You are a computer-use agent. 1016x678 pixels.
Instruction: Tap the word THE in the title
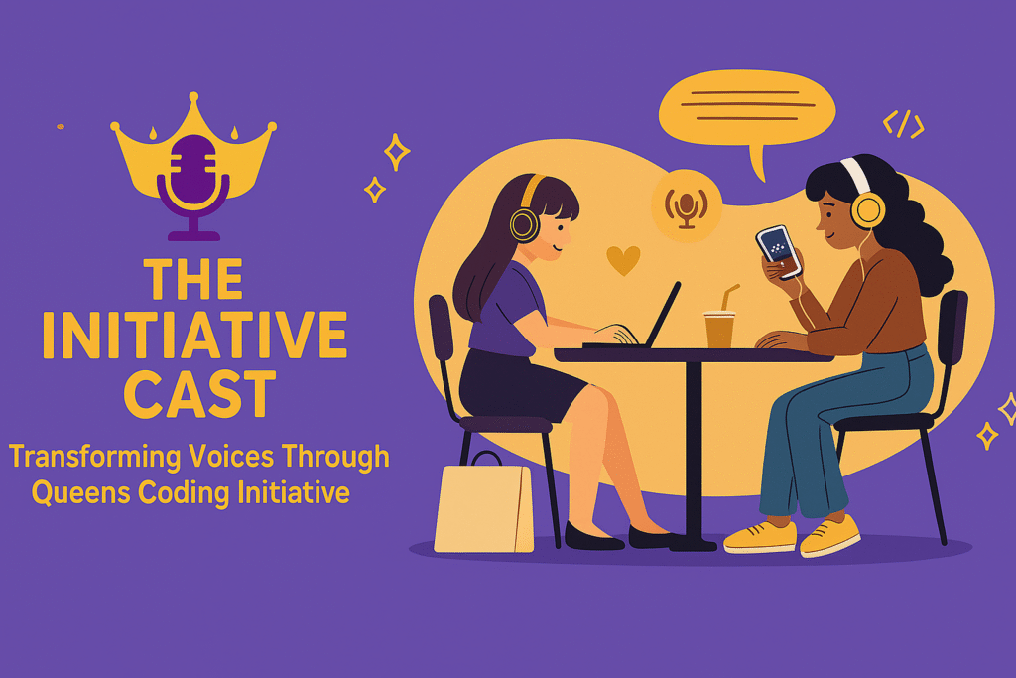click(x=193, y=279)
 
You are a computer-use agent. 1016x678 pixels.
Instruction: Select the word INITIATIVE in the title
click(x=194, y=336)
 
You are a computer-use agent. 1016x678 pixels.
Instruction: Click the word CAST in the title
click(x=199, y=394)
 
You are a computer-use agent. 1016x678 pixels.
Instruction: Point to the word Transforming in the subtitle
click(x=94, y=457)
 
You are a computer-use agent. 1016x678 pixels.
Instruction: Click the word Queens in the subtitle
click(x=81, y=492)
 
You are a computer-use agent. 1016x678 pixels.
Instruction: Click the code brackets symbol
click(x=903, y=124)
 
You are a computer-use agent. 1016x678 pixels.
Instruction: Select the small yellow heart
click(x=623, y=260)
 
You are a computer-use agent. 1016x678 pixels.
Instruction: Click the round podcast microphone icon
click(x=687, y=205)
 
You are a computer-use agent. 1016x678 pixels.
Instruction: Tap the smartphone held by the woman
click(x=779, y=251)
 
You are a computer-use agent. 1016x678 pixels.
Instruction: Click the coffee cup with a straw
click(x=720, y=324)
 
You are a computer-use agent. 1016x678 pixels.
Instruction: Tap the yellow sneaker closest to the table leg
click(x=760, y=536)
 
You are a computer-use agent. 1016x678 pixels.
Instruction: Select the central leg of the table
click(x=694, y=454)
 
